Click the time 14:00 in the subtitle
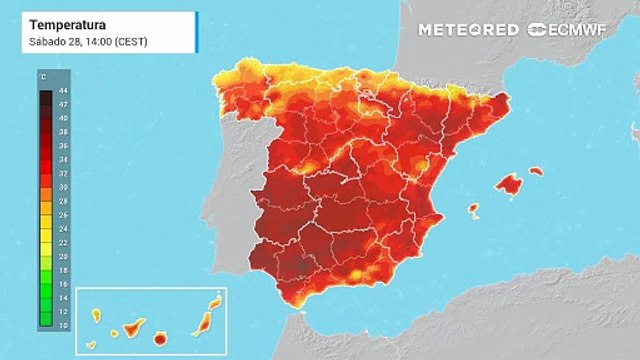coord(98,40)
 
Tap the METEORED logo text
coord(468,30)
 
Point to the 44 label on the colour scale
coord(64,91)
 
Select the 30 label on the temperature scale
coord(64,188)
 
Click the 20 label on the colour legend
coord(64,256)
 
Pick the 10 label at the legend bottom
coord(64,325)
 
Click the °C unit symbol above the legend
coord(42,76)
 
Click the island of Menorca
coord(536,171)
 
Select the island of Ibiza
coord(473,210)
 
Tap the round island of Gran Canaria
coord(160,339)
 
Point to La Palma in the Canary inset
coord(97,316)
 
